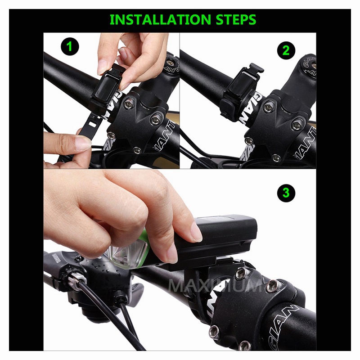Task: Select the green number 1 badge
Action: pos(70,46)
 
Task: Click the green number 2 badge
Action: pos(286,50)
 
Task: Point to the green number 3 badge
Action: pos(286,193)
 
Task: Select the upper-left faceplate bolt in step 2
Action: pos(269,107)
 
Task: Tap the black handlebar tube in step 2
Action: pos(202,72)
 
